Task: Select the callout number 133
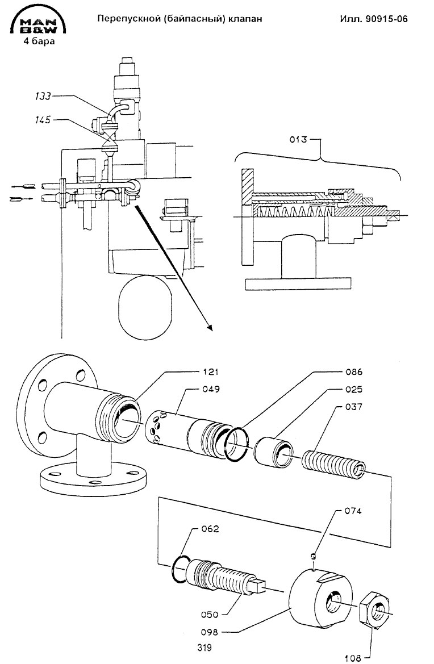click(42, 96)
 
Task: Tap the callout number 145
click(42, 120)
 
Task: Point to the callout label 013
click(298, 139)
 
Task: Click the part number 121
click(210, 372)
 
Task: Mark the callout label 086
click(353, 372)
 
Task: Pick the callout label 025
click(353, 389)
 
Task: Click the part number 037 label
click(353, 407)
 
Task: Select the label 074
click(353, 511)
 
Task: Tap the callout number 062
click(210, 529)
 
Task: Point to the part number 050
click(210, 615)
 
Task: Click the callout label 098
click(210, 632)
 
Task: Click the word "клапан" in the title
click(245, 19)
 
